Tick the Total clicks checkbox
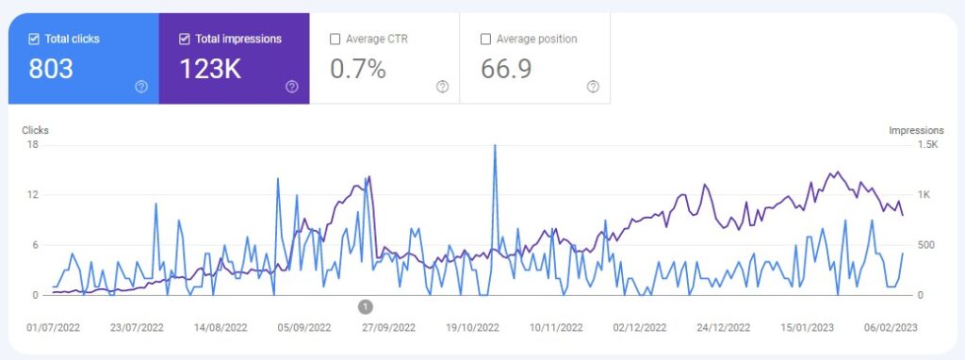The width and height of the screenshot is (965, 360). [34, 39]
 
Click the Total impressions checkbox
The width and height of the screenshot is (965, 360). [185, 39]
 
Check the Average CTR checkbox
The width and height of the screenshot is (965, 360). [335, 39]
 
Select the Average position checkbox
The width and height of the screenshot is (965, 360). [485, 39]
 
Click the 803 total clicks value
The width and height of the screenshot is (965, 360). [51, 69]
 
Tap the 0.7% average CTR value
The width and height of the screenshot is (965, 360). [357, 69]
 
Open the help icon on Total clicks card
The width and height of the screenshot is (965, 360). [141, 87]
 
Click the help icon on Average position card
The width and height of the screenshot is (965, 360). [593, 87]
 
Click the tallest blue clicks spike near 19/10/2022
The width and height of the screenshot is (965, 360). [495, 147]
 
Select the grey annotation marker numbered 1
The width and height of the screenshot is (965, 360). [366, 306]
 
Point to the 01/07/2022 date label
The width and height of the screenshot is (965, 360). [53, 328]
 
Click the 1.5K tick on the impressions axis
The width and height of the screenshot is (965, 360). [928, 144]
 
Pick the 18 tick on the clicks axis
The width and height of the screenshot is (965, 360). [32, 144]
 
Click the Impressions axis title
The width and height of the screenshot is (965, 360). [916, 130]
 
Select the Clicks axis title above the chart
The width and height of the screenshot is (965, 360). [36, 130]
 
